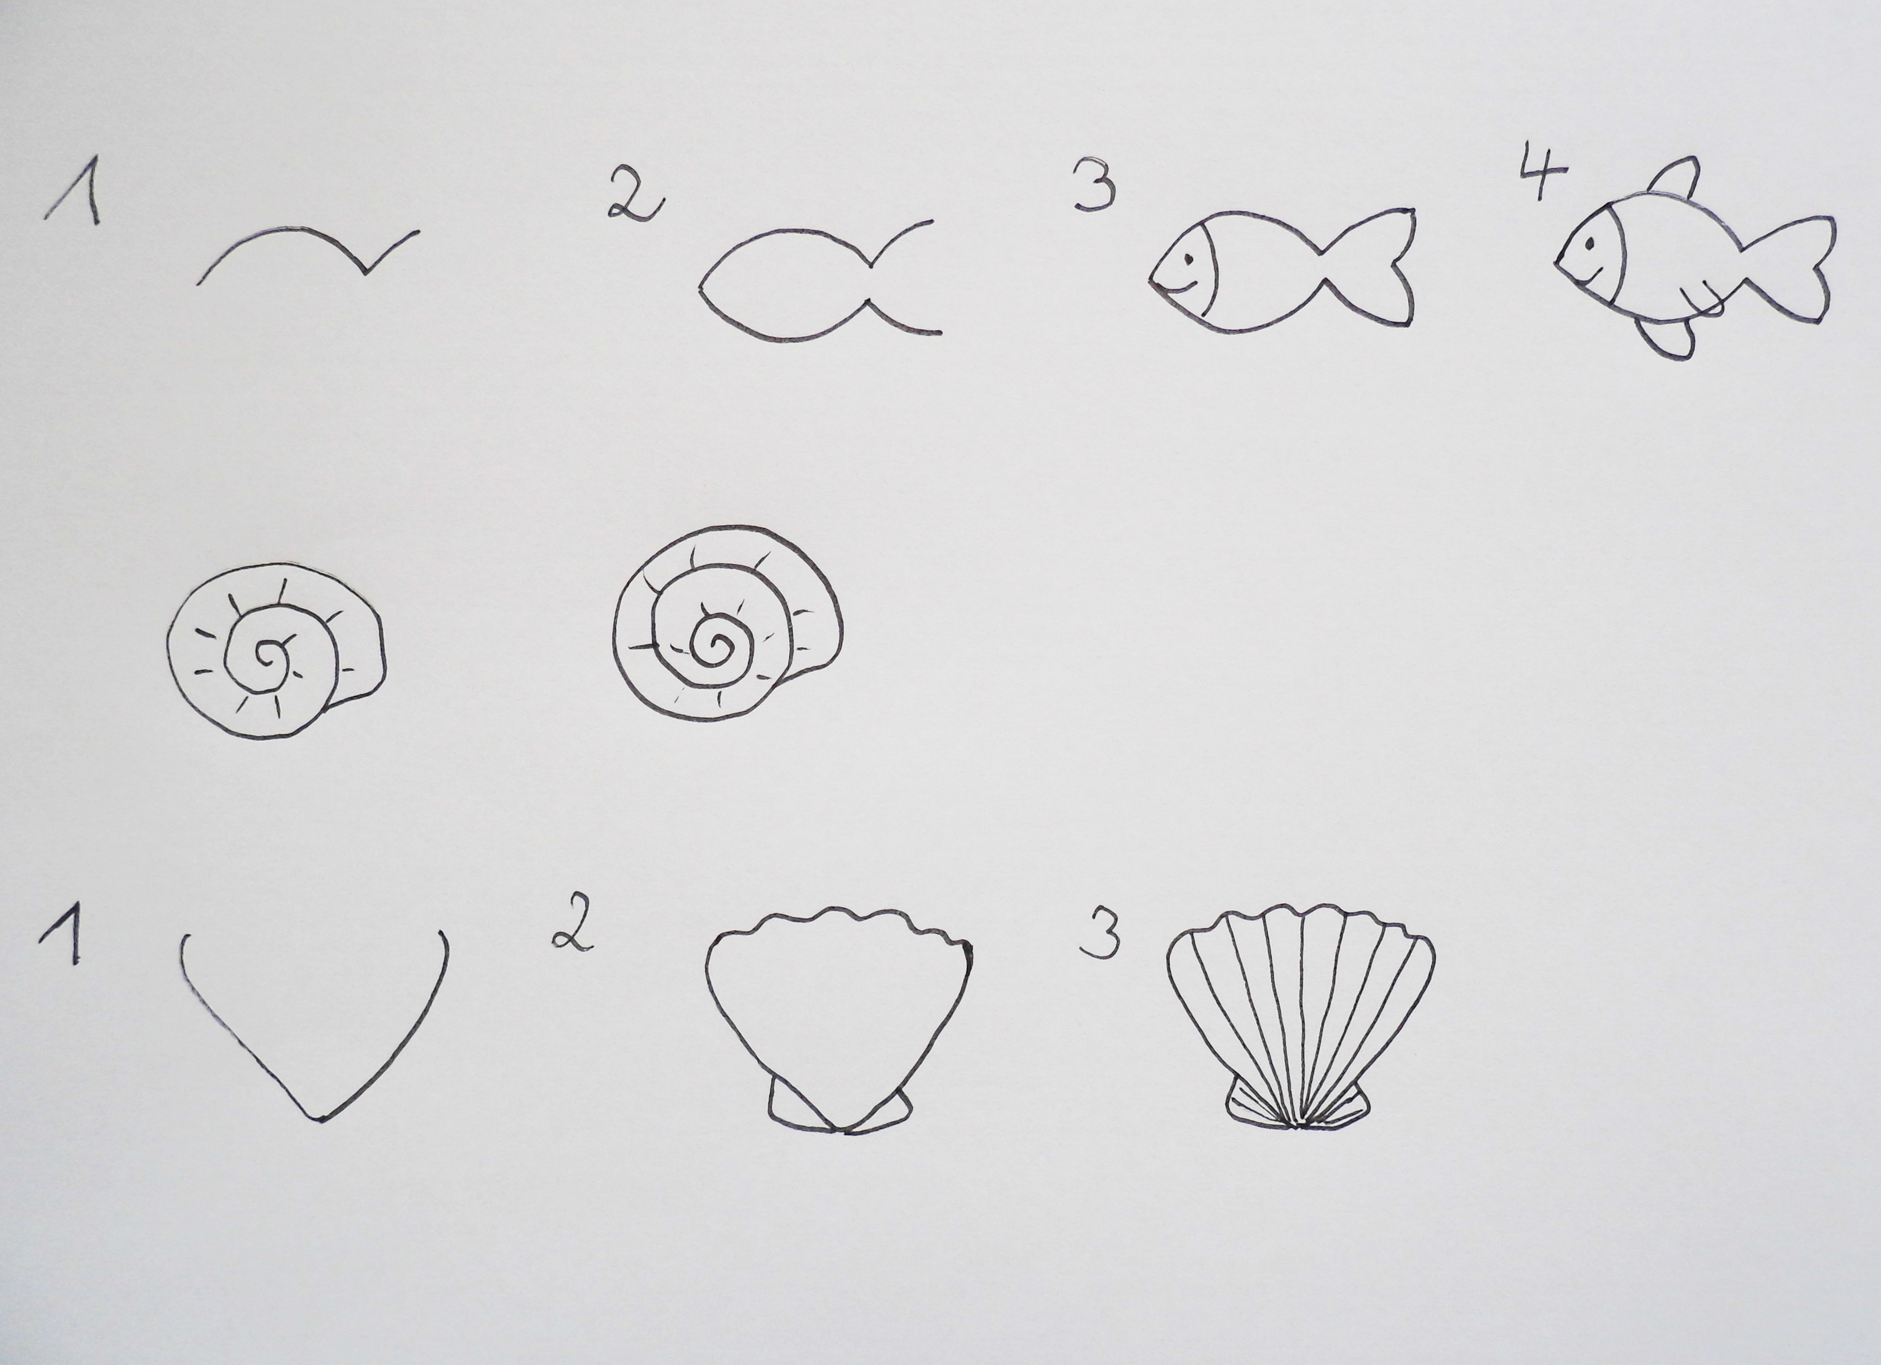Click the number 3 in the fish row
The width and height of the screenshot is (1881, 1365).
click(x=1095, y=184)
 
